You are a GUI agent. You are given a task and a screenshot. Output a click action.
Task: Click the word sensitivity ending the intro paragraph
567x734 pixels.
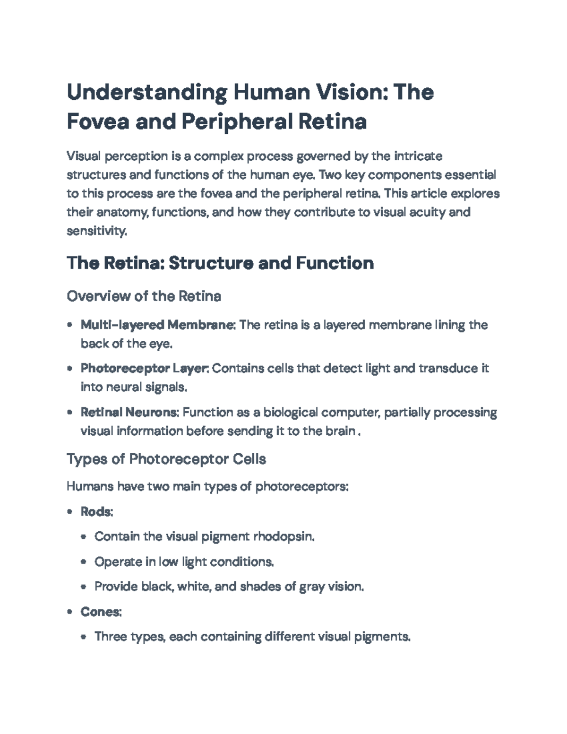[96, 231]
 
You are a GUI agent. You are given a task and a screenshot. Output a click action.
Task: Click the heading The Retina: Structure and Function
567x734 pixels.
[220, 263]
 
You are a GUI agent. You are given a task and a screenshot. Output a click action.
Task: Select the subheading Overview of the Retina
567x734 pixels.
[144, 296]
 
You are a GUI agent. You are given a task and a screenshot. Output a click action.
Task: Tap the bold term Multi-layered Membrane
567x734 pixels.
[158, 325]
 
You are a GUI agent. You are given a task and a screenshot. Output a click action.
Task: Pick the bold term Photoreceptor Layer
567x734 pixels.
[145, 368]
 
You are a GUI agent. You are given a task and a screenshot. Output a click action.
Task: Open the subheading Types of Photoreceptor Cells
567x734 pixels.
[166, 459]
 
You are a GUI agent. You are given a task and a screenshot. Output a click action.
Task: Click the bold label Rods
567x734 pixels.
[96, 511]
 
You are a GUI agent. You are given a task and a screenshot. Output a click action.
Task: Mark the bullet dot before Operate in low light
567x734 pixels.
[84, 562]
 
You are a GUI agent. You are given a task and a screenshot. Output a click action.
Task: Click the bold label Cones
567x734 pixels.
[101, 612]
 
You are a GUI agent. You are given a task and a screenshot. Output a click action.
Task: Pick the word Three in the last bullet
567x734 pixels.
[111, 637]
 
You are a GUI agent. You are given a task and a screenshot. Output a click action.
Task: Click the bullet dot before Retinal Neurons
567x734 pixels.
[70, 413]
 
